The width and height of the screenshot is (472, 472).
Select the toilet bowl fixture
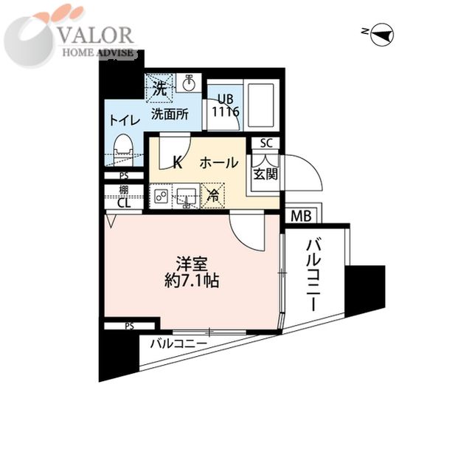124,144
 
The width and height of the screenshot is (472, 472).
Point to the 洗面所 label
170,114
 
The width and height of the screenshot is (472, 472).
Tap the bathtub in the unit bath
259,106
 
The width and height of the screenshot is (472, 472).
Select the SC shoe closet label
265,144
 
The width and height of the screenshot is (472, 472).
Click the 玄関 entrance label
265,174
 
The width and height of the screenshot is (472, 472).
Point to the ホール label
218,163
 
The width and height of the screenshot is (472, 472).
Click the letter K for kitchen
177,163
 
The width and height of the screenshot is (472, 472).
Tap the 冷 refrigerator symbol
212,196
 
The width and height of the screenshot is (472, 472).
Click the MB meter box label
299,216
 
